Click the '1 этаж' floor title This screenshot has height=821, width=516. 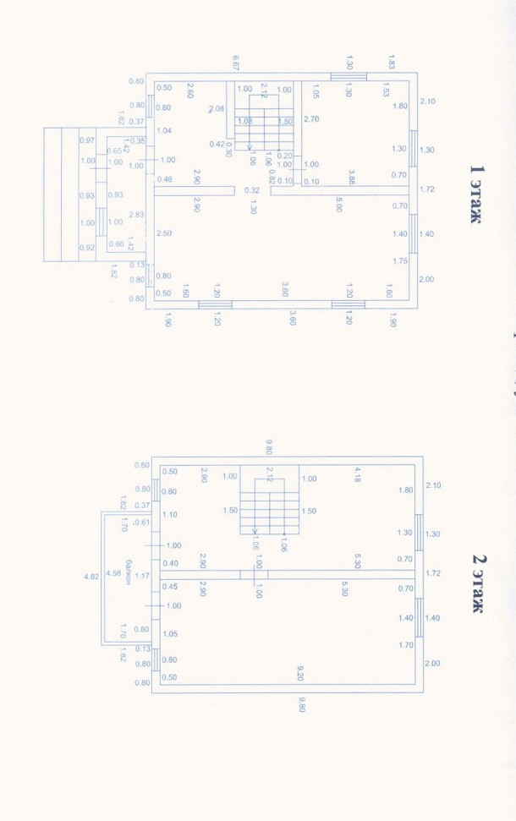tap(478, 194)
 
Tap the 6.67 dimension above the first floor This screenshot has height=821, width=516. tap(238, 63)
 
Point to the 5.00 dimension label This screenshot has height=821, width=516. tap(339, 204)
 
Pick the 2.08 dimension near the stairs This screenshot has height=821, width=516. tap(216, 109)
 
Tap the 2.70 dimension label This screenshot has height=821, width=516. tap(311, 119)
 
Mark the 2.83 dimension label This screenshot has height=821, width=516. tap(136, 215)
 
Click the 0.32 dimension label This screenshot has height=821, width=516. tap(252, 190)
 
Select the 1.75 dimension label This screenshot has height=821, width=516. tap(400, 261)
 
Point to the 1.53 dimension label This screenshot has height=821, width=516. tap(386, 89)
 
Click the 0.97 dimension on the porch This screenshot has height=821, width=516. tap(86, 140)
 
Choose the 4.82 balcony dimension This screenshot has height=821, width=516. tap(91, 577)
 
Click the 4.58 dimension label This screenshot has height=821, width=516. tap(113, 575)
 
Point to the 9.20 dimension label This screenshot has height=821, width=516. tap(300, 673)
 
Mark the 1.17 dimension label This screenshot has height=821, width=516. tap(142, 576)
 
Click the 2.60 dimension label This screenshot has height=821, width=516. tap(190, 90)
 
